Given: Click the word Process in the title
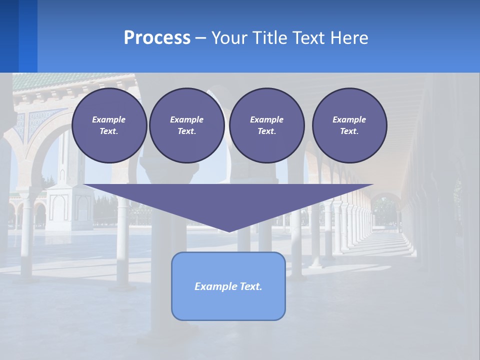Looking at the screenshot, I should [x=157, y=37].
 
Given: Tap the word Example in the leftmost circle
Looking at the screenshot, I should [x=108, y=119].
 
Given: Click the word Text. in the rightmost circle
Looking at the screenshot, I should [x=349, y=131].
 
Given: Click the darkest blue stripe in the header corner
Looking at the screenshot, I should [x=9, y=36].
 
